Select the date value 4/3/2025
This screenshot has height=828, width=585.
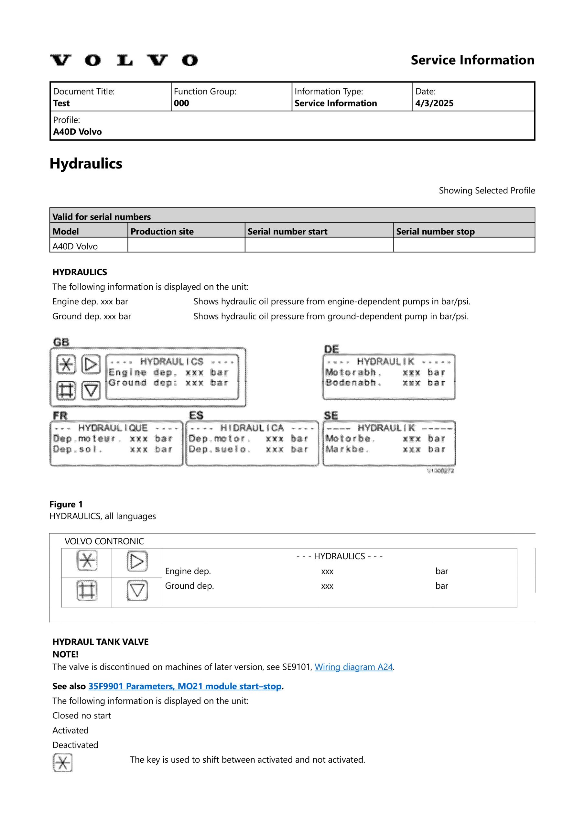pyautogui.click(x=434, y=103)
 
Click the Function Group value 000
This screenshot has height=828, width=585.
pyautogui.click(x=181, y=103)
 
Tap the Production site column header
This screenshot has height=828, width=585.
pyautogui.click(x=162, y=232)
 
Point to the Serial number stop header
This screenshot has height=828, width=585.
pyautogui.click(x=435, y=232)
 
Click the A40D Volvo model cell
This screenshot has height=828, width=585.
pyautogui.click(x=75, y=246)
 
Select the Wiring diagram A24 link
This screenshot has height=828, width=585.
pyautogui.click(x=353, y=667)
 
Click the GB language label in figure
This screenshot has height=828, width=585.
pyautogui.click(x=61, y=342)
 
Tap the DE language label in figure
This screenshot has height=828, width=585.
pyautogui.click(x=331, y=349)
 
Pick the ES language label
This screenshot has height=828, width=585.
pyautogui.click(x=196, y=415)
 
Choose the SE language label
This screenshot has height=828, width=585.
pyautogui.click(x=330, y=415)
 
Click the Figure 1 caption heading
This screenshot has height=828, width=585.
pyautogui.click(x=66, y=504)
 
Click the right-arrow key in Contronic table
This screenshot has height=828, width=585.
pyautogui.click(x=137, y=561)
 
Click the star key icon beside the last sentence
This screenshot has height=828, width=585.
pyautogui.click(x=62, y=762)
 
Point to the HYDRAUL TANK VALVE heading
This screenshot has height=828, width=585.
pyautogui.click(x=100, y=642)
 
